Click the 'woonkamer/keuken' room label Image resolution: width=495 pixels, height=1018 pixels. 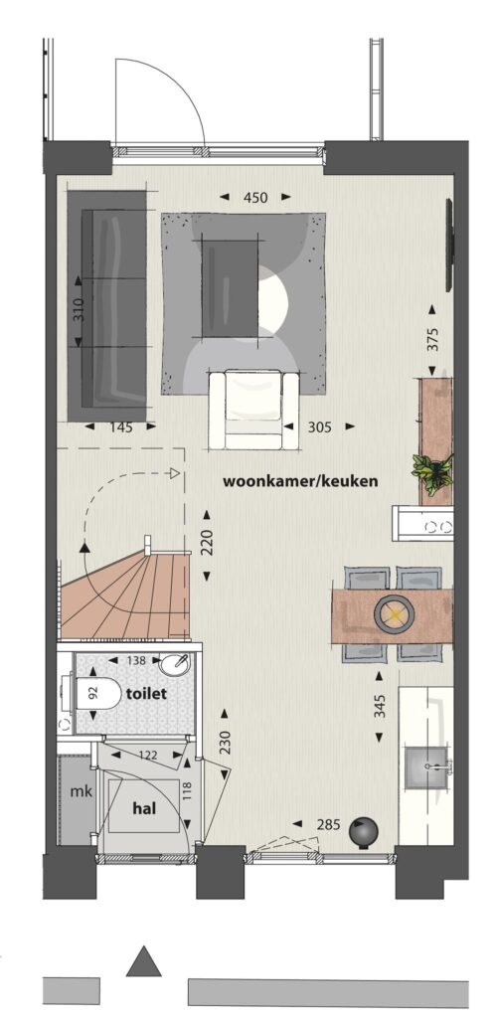300,482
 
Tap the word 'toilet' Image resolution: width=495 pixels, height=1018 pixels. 147,693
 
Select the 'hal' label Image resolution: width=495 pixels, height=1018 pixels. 145,809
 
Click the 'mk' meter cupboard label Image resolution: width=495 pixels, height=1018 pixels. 82,791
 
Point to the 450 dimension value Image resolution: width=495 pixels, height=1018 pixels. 255,198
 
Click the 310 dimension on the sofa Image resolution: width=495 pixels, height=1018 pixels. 80,310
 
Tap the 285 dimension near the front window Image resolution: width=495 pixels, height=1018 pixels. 329,825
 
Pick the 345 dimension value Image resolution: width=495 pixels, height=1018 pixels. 380,707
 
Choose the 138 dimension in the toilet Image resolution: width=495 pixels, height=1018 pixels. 135,660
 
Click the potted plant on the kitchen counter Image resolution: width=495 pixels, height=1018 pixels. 432,472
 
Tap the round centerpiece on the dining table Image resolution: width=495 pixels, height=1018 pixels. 394,611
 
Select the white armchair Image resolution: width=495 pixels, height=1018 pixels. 253,411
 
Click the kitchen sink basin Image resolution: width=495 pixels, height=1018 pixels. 426,766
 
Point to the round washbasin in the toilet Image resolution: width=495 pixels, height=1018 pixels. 174,662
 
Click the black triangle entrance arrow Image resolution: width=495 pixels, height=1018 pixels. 144,960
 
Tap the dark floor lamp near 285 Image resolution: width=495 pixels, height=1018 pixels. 363,832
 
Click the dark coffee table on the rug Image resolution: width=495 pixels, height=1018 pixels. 231,288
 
